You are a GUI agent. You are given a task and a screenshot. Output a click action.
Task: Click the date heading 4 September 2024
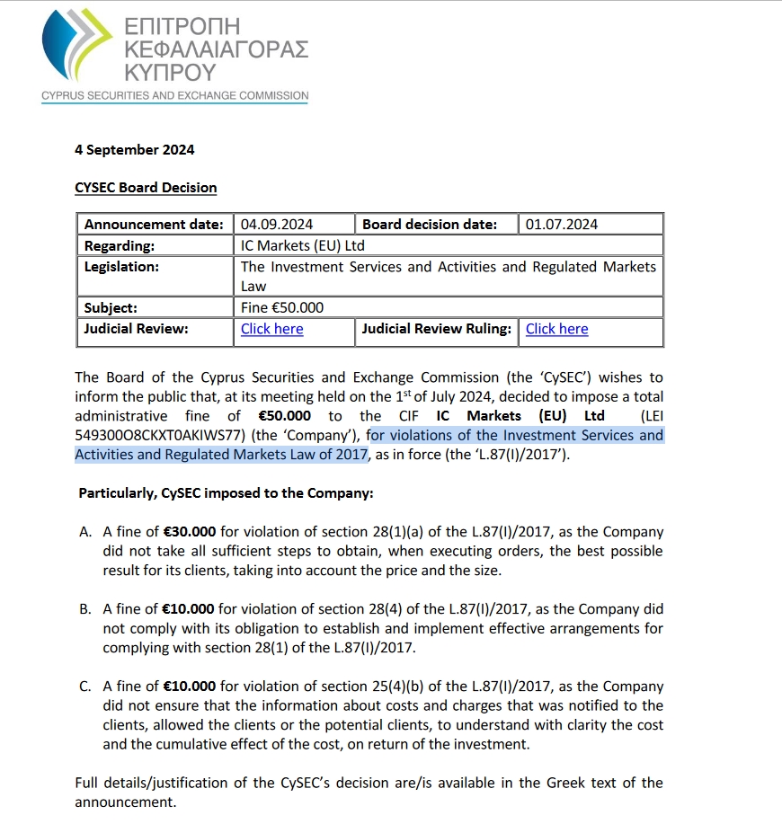click(134, 150)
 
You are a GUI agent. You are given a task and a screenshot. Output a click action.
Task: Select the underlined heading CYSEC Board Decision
click(146, 188)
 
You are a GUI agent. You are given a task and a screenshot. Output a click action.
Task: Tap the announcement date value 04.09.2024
click(277, 224)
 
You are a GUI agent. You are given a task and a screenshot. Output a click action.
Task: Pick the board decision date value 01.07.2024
click(562, 224)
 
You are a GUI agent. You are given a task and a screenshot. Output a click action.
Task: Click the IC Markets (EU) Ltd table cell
click(303, 245)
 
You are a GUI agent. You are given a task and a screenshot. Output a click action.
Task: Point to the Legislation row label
click(121, 267)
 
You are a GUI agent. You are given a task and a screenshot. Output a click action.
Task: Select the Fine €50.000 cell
click(282, 307)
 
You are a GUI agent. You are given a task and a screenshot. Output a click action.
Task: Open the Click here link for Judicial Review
click(271, 329)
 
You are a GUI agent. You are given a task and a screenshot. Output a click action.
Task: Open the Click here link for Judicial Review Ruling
click(556, 329)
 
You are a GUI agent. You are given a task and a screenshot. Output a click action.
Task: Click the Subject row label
click(111, 307)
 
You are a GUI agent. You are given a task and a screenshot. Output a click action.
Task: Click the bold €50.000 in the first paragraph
click(283, 416)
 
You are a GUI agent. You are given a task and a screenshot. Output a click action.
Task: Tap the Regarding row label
click(120, 245)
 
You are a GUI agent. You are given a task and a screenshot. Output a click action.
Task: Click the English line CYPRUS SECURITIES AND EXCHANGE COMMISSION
click(174, 95)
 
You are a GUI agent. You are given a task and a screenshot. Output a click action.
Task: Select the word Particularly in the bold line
click(118, 493)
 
